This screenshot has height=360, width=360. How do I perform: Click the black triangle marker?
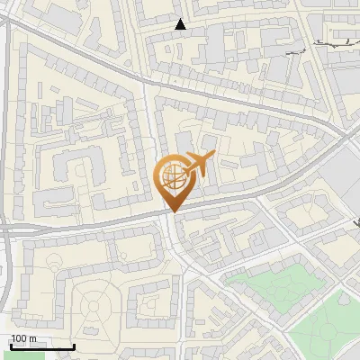click(181, 24)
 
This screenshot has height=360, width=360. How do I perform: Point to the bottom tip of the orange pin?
click(173, 212)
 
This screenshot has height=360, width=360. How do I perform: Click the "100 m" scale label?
click(23, 338)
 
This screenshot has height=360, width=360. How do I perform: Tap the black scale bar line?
click(41, 346)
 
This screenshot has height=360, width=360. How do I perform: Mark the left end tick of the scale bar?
click(10, 345)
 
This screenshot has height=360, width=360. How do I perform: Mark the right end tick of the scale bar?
click(74, 345)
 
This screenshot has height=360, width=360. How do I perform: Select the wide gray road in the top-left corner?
click(45, 40)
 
